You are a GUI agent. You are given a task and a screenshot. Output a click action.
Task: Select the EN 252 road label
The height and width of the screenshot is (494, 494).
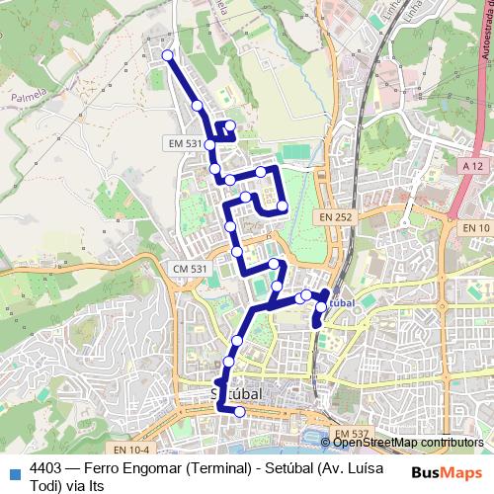[335, 215]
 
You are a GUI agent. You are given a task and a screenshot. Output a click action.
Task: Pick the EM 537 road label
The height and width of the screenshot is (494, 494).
[351, 434]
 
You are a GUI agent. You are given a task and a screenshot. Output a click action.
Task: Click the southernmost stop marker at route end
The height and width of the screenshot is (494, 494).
[239, 412]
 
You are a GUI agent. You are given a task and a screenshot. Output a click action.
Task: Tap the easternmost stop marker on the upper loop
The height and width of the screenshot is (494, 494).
[283, 206]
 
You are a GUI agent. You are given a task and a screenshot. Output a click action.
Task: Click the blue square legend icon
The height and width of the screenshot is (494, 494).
[14, 470]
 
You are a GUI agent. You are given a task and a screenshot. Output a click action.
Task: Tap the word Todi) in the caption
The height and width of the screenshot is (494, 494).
[47, 485]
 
